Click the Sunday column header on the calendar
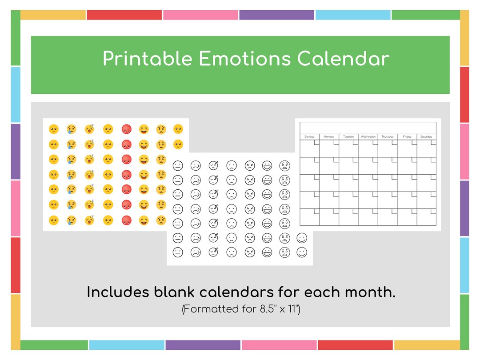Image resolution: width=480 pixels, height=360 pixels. click(309, 137)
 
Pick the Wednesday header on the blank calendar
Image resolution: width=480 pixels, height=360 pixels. click(368, 137)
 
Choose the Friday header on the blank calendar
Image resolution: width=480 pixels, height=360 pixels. click(407, 137)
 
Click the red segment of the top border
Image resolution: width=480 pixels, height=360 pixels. click(124, 15)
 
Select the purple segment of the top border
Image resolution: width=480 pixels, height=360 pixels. click(276, 15)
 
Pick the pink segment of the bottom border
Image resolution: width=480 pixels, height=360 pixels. click(279, 345)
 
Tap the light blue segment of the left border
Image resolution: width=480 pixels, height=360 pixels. click(16, 94)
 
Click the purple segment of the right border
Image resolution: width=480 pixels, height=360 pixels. click(464, 208)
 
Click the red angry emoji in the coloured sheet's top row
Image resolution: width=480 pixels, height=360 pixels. click(127, 129)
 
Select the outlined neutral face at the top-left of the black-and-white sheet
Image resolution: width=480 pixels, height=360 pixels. click(178, 165)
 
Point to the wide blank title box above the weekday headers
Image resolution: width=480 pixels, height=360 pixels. click(368, 128)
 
